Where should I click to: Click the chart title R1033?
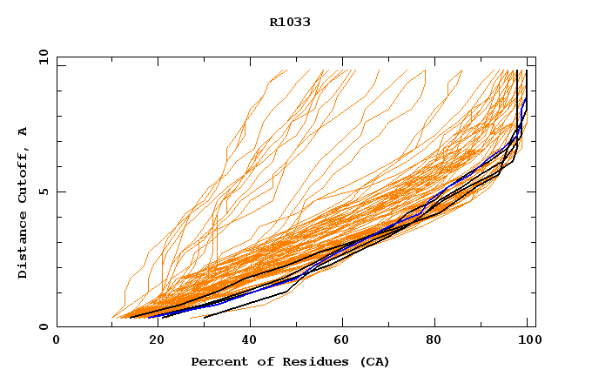click(x=290, y=23)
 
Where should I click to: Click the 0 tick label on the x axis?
click(x=57, y=340)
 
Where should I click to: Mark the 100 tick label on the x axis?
click(x=528, y=340)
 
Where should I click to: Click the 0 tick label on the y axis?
click(x=42, y=327)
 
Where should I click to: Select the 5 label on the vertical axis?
click(x=42, y=191)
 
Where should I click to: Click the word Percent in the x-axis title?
click(x=215, y=361)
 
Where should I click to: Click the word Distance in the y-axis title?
click(x=23, y=247)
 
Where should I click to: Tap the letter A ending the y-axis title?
click(x=23, y=131)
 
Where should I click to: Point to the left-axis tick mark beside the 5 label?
click(x=60, y=191)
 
